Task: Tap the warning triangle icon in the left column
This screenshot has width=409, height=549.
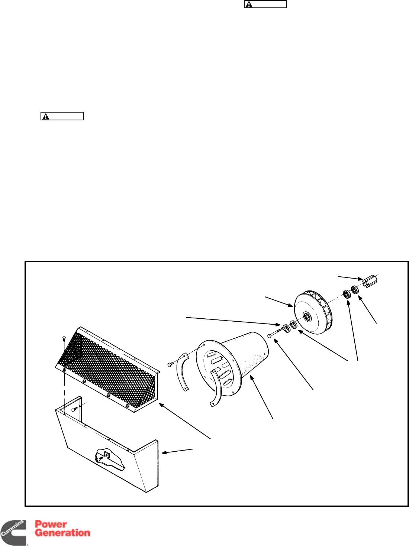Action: click(45, 117)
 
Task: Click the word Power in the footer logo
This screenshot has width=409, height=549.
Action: click(51, 524)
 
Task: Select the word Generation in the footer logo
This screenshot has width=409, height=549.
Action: click(62, 533)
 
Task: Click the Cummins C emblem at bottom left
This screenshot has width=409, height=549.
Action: click(13, 533)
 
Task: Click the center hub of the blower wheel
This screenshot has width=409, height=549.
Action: click(308, 317)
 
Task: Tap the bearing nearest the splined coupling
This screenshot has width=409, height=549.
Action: click(355, 290)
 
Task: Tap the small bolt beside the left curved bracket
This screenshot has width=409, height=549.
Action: click(170, 364)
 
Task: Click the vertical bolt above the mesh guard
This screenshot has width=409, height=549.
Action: click(64, 339)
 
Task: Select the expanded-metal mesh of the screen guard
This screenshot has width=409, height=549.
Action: click(108, 368)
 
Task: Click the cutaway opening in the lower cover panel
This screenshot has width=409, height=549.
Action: click(110, 459)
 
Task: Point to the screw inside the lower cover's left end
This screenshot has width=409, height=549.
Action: click(74, 409)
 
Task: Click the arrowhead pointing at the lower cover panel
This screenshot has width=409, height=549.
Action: click(164, 452)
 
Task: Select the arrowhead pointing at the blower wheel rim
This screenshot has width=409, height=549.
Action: click(292, 306)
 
